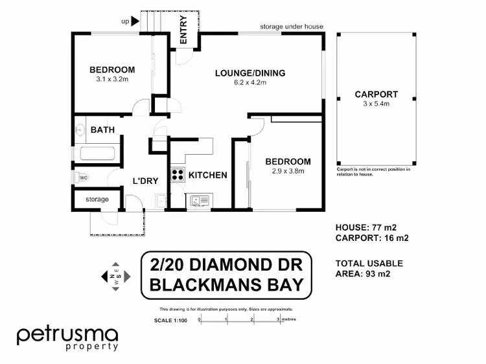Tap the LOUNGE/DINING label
pyautogui.click(x=250, y=73)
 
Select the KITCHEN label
pyautogui.click(x=207, y=175)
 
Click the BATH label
pyautogui.click(x=102, y=130)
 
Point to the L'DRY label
pyautogui.click(x=145, y=181)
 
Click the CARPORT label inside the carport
pyautogui.click(x=376, y=94)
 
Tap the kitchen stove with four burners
pyautogui.click(x=177, y=174)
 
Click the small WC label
pyautogui.click(x=84, y=177)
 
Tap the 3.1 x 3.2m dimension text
pyautogui.click(x=111, y=80)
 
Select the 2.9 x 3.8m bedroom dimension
pyautogui.click(x=287, y=172)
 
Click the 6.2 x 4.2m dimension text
pyautogui.click(x=250, y=83)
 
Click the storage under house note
pyautogui.click(x=292, y=27)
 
